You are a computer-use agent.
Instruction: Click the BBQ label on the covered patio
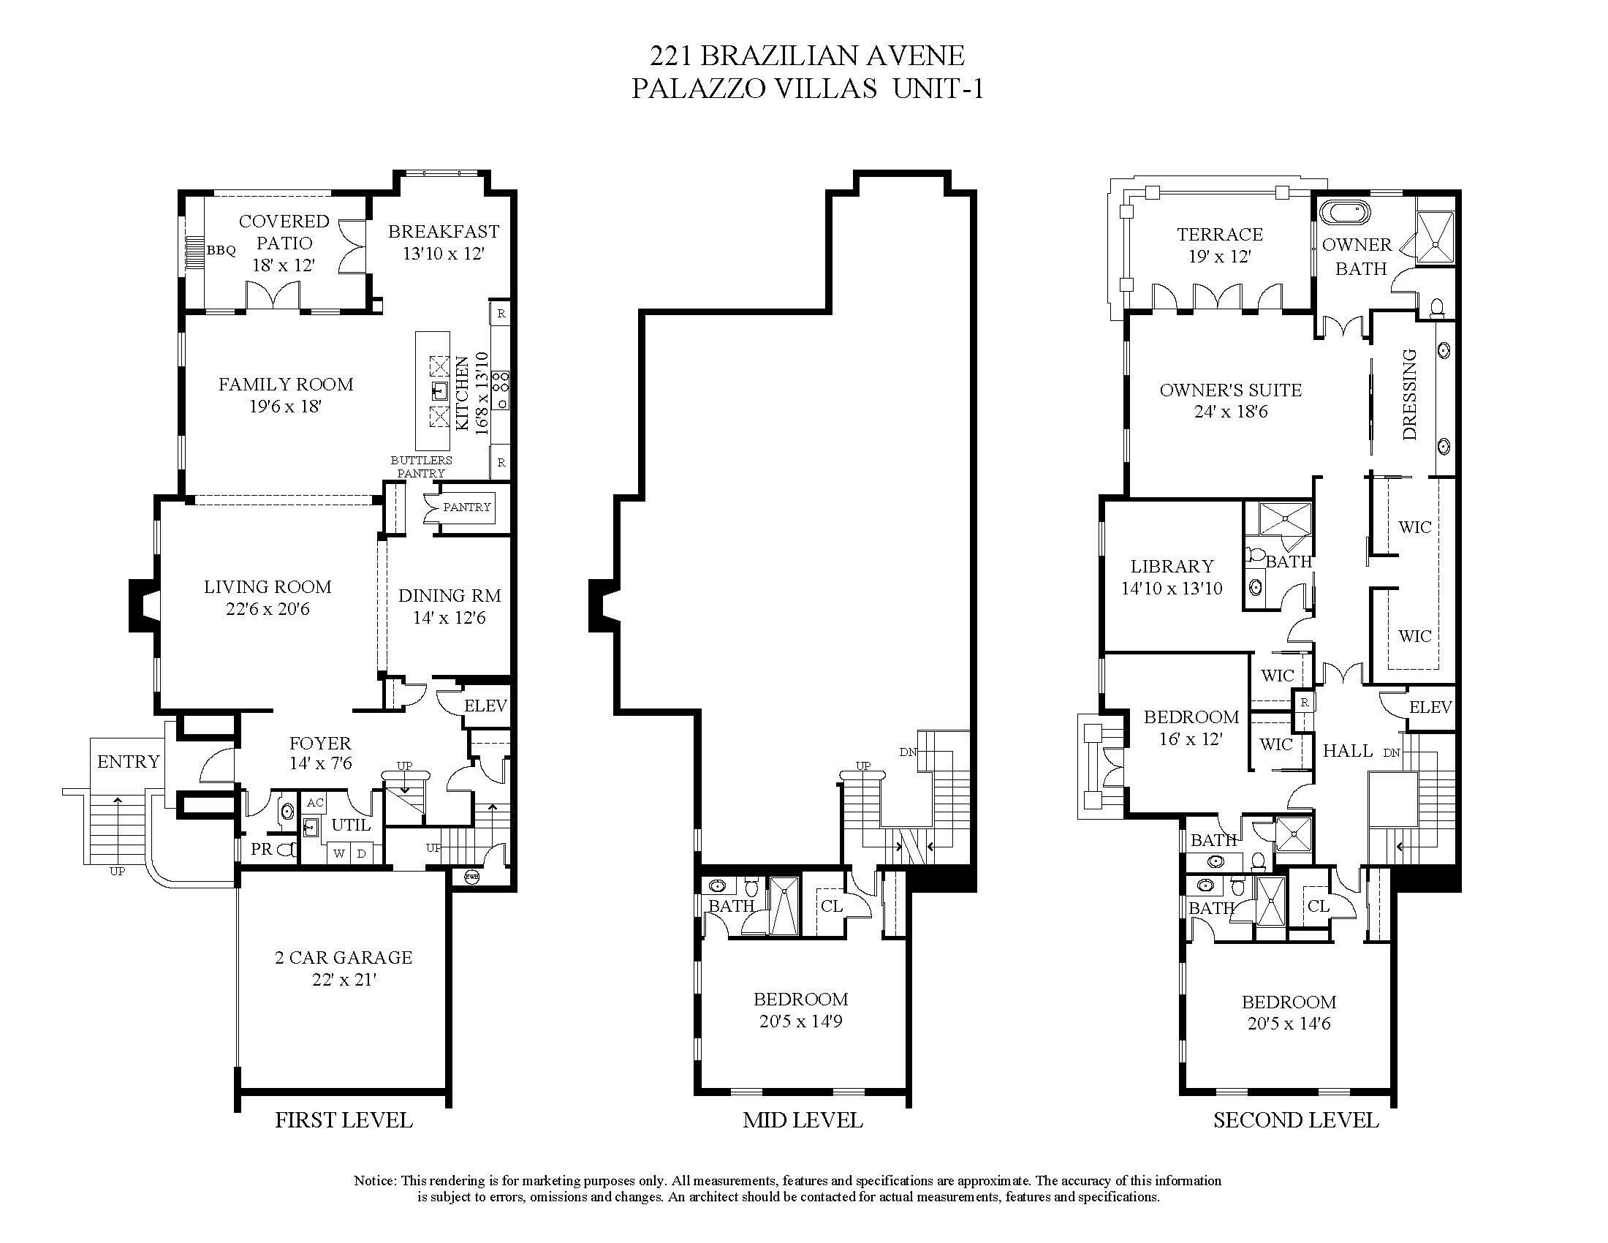(221, 251)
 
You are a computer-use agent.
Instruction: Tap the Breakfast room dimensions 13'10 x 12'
(443, 254)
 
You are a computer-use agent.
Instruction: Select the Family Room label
(286, 385)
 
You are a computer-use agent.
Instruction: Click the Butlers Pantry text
(421, 467)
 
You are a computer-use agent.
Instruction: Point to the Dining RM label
(449, 596)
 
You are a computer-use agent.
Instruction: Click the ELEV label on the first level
(485, 706)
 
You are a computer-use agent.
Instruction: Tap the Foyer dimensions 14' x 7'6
(320, 763)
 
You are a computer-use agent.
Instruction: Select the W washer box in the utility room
(338, 854)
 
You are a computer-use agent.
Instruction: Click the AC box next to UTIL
(315, 803)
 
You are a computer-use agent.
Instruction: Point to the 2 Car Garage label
(343, 958)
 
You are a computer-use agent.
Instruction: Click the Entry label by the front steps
(128, 762)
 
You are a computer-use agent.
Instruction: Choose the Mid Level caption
(803, 1121)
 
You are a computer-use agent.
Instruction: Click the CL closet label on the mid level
(831, 907)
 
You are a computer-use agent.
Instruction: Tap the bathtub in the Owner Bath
(1345, 214)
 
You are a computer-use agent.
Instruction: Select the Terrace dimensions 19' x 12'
(1220, 257)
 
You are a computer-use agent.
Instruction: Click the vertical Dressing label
(1410, 395)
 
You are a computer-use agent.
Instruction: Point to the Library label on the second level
(1172, 567)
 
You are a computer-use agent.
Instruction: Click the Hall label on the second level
(1347, 751)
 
